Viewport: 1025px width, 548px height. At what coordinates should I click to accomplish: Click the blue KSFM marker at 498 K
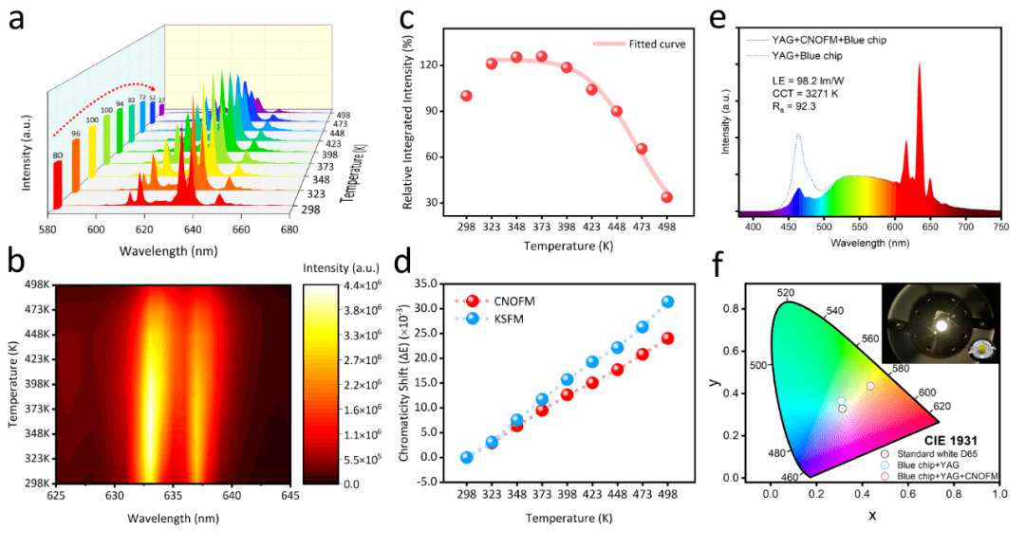click(667, 301)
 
